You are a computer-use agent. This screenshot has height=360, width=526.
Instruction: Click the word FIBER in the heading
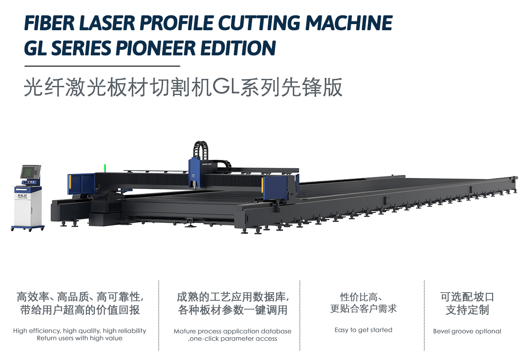[x=50, y=23]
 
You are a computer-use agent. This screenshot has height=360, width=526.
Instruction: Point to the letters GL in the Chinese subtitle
[x=226, y=87]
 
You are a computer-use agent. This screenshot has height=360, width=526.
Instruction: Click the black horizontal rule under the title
[x=102, y=66]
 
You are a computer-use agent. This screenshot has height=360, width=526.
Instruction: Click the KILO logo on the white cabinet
[x=22, y=195]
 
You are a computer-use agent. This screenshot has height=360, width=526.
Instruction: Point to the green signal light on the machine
[x=105, y=168]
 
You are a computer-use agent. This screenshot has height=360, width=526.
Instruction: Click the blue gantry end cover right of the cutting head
[x=275, y=188]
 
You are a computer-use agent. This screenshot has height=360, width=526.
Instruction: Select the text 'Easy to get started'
[x=363, y=330]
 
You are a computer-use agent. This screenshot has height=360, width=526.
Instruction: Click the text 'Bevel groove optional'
[x=467, y=331]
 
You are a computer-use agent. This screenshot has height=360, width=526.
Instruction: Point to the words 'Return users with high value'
[x=80, y=338]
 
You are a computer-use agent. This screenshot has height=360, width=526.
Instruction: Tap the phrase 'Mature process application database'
[x=232, y=331]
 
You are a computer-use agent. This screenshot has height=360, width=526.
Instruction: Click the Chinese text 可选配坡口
[x=467, y=297]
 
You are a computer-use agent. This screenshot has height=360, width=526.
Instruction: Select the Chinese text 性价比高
[x=359, y=297]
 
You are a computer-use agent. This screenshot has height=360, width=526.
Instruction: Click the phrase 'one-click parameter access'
[x=233, y=339]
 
